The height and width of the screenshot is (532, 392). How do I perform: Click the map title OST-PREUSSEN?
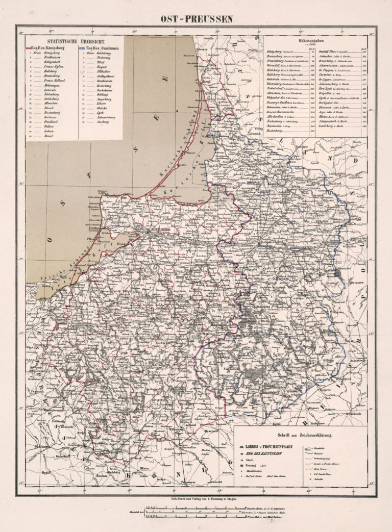pos(197,19)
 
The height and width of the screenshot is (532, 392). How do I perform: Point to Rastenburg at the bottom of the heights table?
pos(276,131)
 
